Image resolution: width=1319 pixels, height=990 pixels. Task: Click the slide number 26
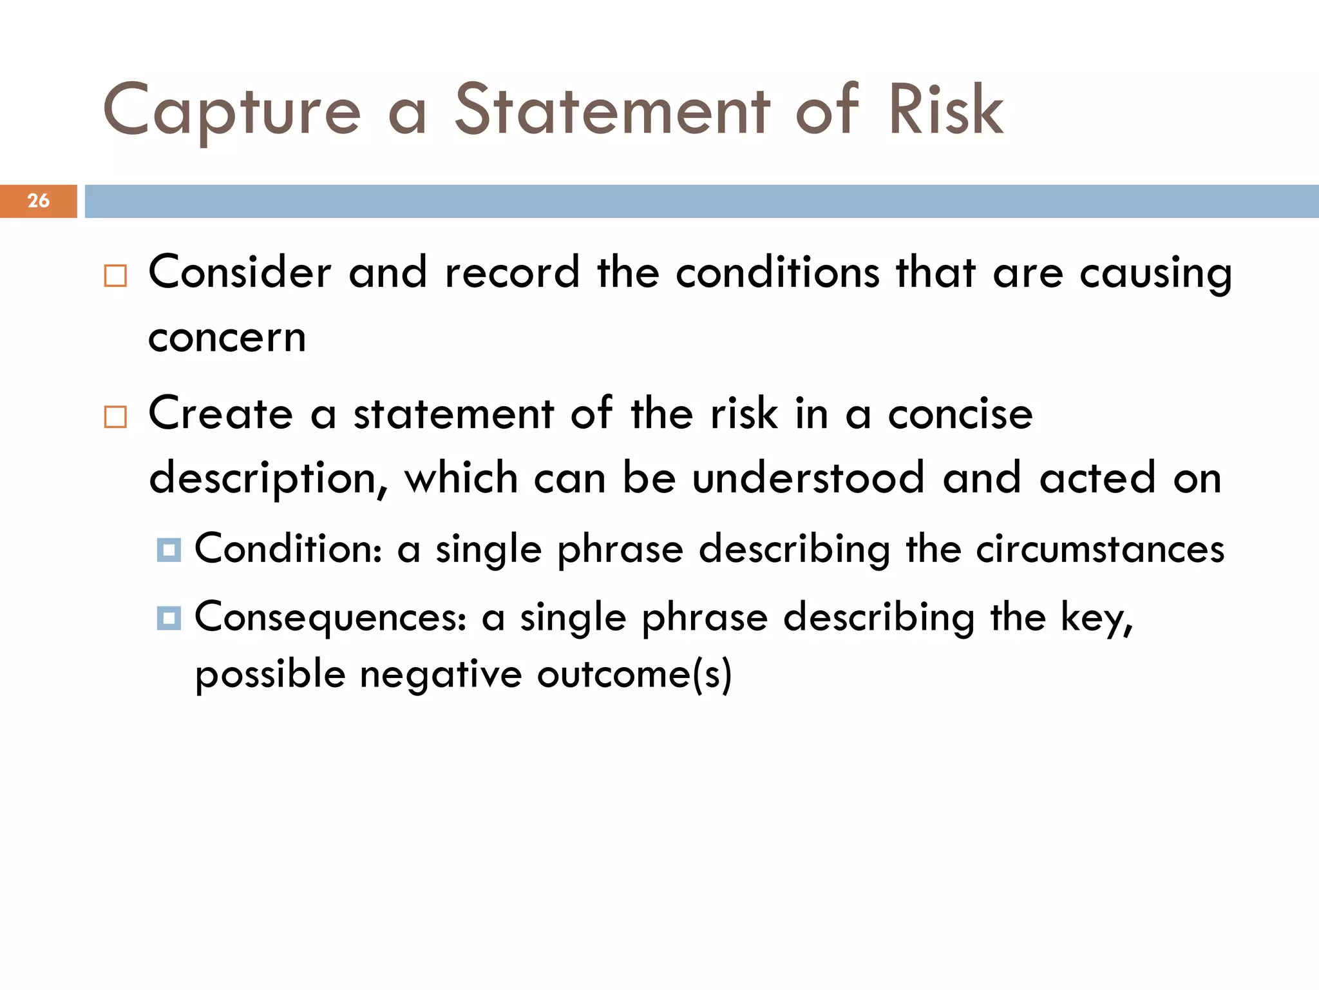tap(39, 200)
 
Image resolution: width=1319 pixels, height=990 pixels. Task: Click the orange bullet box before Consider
tap(115, 276)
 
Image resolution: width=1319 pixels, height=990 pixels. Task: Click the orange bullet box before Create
tap(115, 417)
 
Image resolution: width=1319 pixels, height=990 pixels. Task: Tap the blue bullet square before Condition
tap(169, 550)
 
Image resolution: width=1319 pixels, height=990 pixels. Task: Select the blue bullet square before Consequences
tap(169, 618)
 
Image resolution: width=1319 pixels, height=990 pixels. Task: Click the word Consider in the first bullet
tap(240, 272)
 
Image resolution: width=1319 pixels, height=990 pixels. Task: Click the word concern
tap(227, 338)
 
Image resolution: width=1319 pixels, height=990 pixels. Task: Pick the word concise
tap(960, 414)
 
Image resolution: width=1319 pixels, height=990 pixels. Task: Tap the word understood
tap(808, 478)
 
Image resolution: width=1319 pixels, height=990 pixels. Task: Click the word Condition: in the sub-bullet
tap(289, 549)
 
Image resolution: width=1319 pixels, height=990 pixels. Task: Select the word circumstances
tap(1100, 550)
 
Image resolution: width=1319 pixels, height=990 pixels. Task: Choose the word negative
tap(441, 675)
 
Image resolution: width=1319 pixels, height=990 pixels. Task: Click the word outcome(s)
tap(634, 675)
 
